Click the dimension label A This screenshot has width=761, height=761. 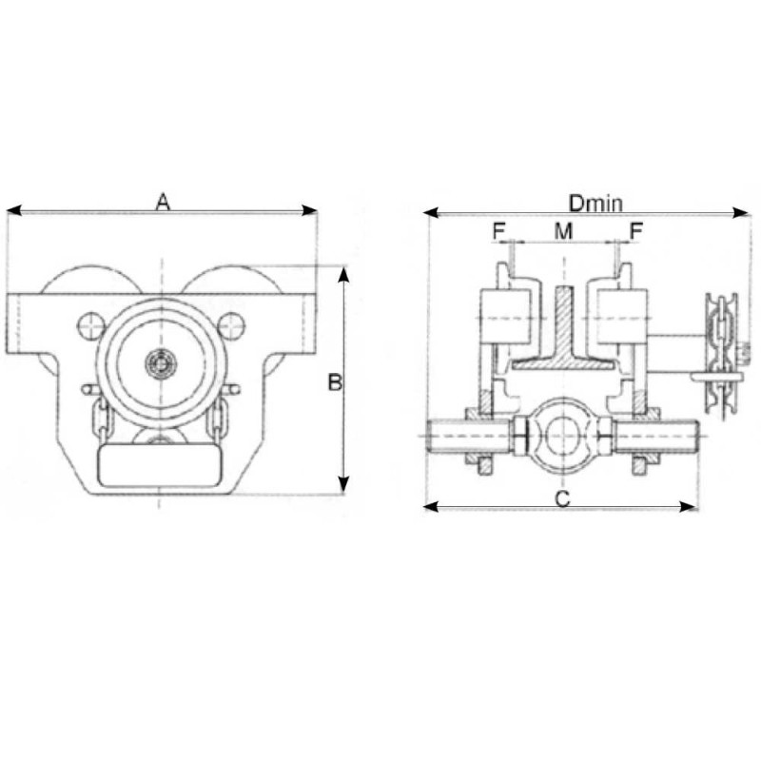pos(163,202)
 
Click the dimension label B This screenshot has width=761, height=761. pos(335,382)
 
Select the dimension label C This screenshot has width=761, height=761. pos(562,498)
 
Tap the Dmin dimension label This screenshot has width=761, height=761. pos(595,204)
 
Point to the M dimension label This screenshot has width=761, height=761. pos(563,231)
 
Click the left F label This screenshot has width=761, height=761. pos(498,231)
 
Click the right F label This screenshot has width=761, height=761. pos(635,231)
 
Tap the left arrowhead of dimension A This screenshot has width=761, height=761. pos(13,210)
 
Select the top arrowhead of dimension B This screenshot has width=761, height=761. pos(343,274)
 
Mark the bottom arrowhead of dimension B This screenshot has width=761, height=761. pos(343,484)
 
